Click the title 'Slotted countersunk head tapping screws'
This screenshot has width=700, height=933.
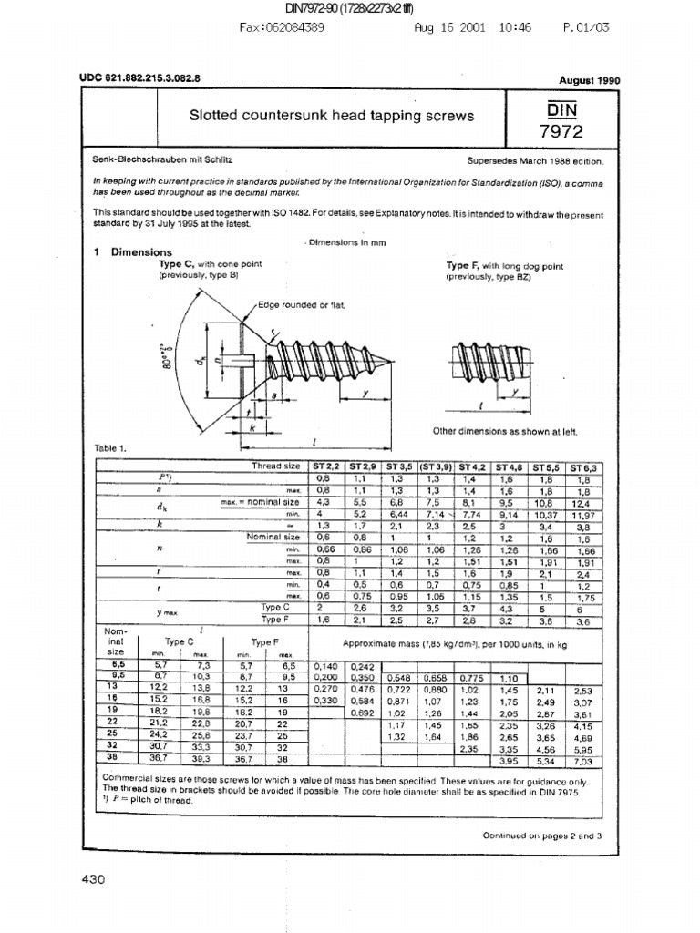coord(331,116)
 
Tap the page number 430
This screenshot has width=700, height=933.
coord(94,879)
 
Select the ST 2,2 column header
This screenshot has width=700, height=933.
coord(325,466)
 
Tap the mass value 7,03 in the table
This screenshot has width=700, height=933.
coord(582,761)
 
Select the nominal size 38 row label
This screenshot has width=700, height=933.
coord(115,757)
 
